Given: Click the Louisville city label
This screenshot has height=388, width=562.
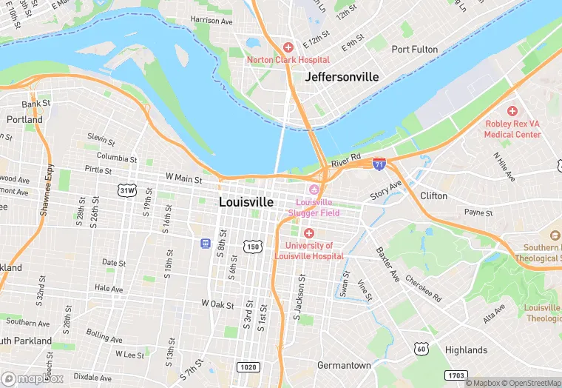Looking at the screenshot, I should (x=246, y=201).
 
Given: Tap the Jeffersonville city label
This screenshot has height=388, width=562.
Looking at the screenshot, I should (x=342, y=77).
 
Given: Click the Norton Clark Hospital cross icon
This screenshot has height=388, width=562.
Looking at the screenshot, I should (x=288, y=47).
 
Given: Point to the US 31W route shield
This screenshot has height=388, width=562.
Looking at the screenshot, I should (x=127, y=190).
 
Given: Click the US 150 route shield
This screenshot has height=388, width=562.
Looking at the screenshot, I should (x=252, y=245).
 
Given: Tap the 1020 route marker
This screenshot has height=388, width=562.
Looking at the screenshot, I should (x=248, y=367).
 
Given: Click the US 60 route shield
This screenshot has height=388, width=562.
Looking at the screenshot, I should (x=421, y=348).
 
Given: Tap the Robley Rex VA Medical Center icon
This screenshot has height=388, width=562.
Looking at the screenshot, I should (x=512, y=110).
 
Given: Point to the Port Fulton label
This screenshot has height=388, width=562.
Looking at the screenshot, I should (x=415, y=50).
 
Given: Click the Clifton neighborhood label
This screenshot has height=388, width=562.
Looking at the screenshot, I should (x=433, y=195).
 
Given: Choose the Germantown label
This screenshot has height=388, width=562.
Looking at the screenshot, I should (x=344, y=365).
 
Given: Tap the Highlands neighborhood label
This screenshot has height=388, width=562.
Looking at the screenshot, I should (x=466, y=349).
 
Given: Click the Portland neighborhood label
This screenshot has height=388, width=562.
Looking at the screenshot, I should (x=24, y=119).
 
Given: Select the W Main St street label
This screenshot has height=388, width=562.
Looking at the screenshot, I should (x=184, y=177).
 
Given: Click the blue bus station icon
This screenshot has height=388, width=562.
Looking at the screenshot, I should (x=204, y=243).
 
